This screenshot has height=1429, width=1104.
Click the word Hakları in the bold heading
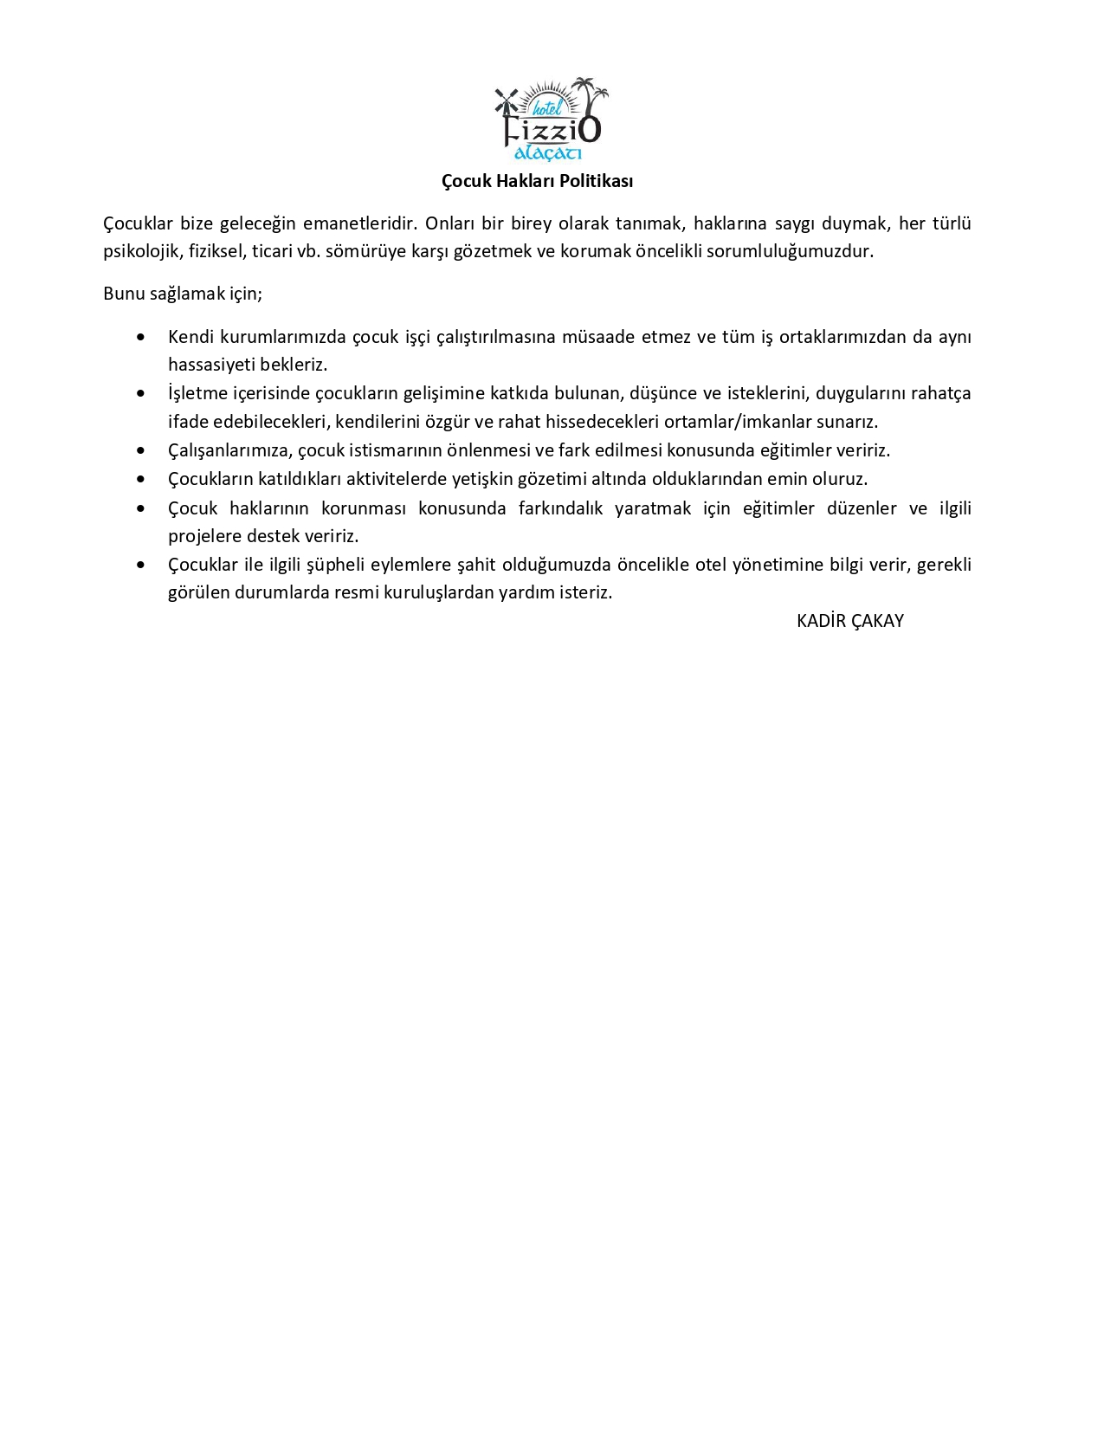(x=526, y=181)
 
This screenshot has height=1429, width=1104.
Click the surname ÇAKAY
(x=877, y=621)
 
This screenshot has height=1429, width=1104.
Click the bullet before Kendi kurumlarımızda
(x=141, y=337)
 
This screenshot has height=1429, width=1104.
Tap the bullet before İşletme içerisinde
(x=141, y=394)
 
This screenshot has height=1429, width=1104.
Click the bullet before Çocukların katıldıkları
(x=141, y=479)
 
